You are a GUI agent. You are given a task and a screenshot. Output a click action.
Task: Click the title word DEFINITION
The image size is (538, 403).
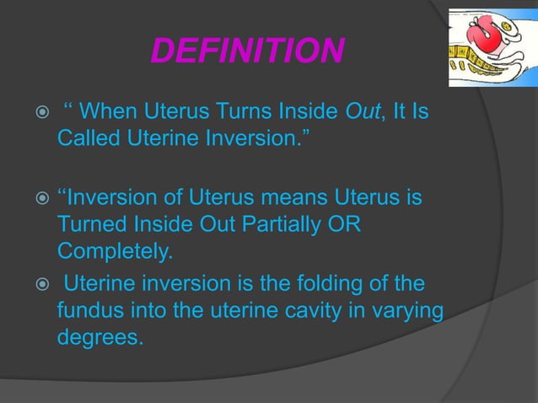247,52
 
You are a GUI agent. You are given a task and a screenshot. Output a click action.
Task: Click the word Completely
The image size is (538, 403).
110,250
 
